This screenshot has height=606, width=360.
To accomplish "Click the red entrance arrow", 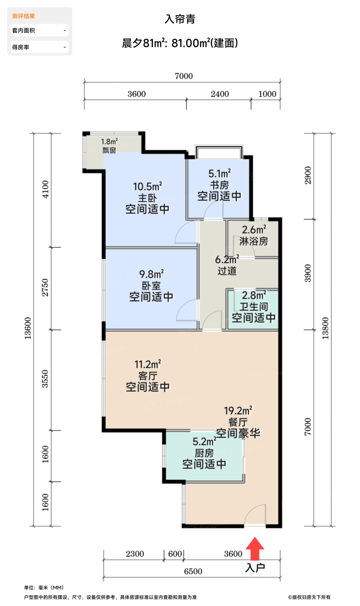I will [255, 549].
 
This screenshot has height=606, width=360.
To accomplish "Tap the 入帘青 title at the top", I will [180, 19].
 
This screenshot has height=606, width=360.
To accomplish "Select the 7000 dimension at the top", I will [183, 76].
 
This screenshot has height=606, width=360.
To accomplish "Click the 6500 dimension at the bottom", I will [193, 571].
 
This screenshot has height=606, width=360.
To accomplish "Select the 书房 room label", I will [219, 185].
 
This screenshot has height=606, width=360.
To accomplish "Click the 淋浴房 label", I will [253, 241].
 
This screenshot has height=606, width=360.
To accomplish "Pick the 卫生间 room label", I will [253, 307].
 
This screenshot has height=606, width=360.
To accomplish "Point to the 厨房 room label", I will [204, 453].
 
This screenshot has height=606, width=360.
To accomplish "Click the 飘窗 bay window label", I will [109, 151].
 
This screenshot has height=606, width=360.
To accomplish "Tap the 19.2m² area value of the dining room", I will [238, 410].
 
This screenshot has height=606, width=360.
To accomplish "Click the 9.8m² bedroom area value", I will [151, 274].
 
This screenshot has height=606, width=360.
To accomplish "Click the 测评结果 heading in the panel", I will [24, 16].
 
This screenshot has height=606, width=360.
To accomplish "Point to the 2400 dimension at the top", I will [220, 94].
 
